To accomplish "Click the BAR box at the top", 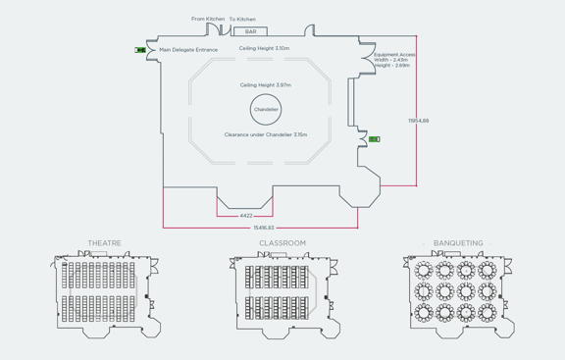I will click(250, 31).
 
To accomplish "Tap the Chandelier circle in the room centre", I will click(266, 110).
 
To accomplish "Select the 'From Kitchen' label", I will click(208, 19).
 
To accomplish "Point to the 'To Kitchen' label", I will click(242, 19).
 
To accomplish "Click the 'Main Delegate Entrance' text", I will click(188, 49).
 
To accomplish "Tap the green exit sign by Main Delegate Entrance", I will click(140, 50).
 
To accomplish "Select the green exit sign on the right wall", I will click(374, 139).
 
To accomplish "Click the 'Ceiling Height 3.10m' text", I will click(264, 48).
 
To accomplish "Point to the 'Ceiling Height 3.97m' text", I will click(265, 85).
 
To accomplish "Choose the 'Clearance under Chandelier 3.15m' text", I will click(265, 135).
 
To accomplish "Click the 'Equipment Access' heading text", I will click(394, 54).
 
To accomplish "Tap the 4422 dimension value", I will click(246, 216).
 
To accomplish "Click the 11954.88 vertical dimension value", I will click(419, 121).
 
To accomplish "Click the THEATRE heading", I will click(105, 243).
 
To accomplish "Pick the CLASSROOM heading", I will click(282, 243).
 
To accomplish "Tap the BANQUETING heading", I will click(458, 243).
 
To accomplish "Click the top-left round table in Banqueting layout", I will click(425, 269).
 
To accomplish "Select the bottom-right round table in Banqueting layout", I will click(488, 313).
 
